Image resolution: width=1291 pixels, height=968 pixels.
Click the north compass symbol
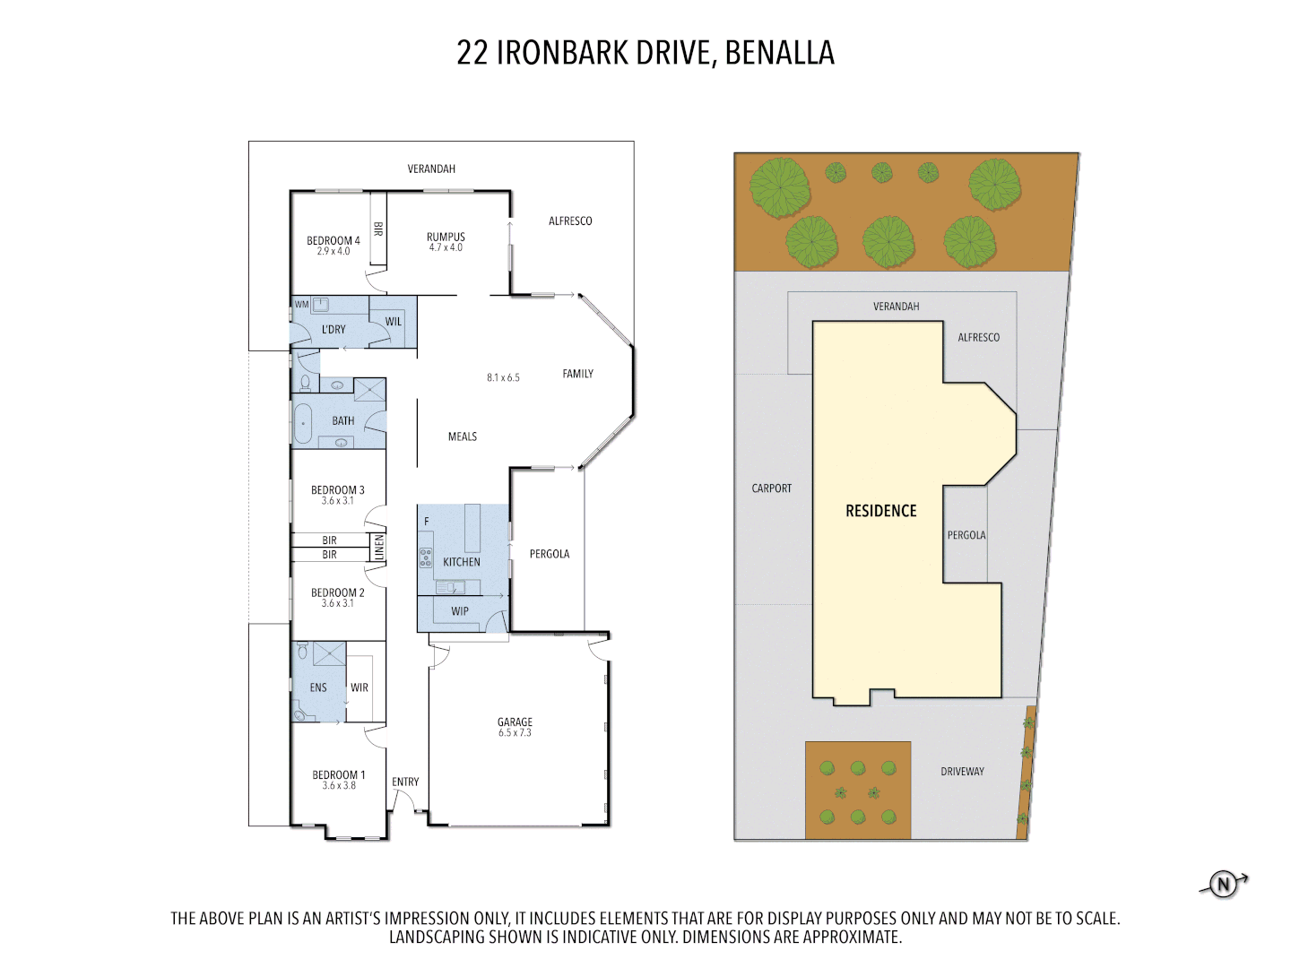coord(1224,885)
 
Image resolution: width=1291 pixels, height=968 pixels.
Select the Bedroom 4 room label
coord(333,240)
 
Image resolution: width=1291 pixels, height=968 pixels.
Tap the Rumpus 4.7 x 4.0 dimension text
coord(446,248)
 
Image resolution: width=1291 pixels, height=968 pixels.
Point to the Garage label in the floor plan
coord(515,722)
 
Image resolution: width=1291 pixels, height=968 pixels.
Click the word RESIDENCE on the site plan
coord(880,511)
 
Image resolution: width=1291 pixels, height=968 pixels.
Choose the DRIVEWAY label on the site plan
coord(962,771)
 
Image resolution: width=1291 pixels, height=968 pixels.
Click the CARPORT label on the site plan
coord(771,488)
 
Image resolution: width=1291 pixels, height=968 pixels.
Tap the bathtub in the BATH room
coord(303,423)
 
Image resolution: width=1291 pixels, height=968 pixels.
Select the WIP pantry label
coord(460,611)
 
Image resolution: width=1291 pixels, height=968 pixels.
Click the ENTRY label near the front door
coord(405,782)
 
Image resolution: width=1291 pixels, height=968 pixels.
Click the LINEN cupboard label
coord(378,547)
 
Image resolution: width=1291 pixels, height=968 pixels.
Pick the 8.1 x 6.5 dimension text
coord(503,377)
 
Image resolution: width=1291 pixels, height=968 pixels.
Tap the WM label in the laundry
coord(302,305)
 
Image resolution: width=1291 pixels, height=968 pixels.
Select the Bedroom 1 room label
coord(338,774)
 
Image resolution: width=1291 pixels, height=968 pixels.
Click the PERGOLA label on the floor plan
coord(549,554)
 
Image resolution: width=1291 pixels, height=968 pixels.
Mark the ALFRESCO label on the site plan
coord(978,337)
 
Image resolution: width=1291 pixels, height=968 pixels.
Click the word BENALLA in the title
coord(779,53)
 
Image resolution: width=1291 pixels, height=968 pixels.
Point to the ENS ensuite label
coord(318,687)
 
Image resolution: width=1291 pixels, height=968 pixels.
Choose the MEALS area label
coord(463,436)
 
